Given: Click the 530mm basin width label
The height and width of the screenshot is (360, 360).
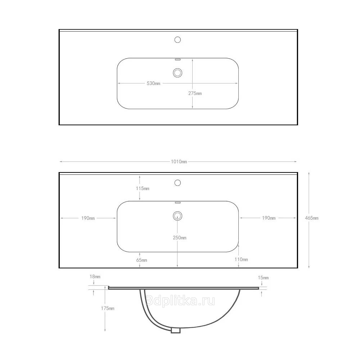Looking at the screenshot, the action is (x=153, y=84).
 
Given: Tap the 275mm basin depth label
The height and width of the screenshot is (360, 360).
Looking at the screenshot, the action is (x=195, y=93).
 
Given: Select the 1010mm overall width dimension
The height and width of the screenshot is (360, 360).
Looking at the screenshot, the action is (x=179, y=162).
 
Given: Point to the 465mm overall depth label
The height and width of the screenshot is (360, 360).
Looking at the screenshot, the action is (x=311, y=218).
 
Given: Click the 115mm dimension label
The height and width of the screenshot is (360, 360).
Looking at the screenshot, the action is (x=143, y=188).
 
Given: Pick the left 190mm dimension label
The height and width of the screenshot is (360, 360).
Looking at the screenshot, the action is (x=88, y=218).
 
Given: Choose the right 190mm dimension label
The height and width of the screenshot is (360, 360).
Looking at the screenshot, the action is (x=269, y=218).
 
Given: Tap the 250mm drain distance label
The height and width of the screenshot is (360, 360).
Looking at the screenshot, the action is (x=180, y=238).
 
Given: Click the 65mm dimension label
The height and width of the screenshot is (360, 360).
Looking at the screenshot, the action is (x=141, y=260).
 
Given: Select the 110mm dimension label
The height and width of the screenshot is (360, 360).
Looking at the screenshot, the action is (x=241, y=260).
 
